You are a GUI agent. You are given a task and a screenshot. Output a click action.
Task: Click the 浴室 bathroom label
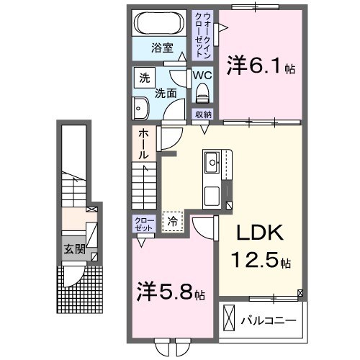click(x=161, y=48)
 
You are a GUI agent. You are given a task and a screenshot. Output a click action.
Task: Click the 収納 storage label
click(x=202, y=114)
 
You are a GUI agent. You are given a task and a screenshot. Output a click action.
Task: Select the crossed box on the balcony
click(x=229, y=318)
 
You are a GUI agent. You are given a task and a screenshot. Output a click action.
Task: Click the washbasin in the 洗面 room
click(x=140, y=109)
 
